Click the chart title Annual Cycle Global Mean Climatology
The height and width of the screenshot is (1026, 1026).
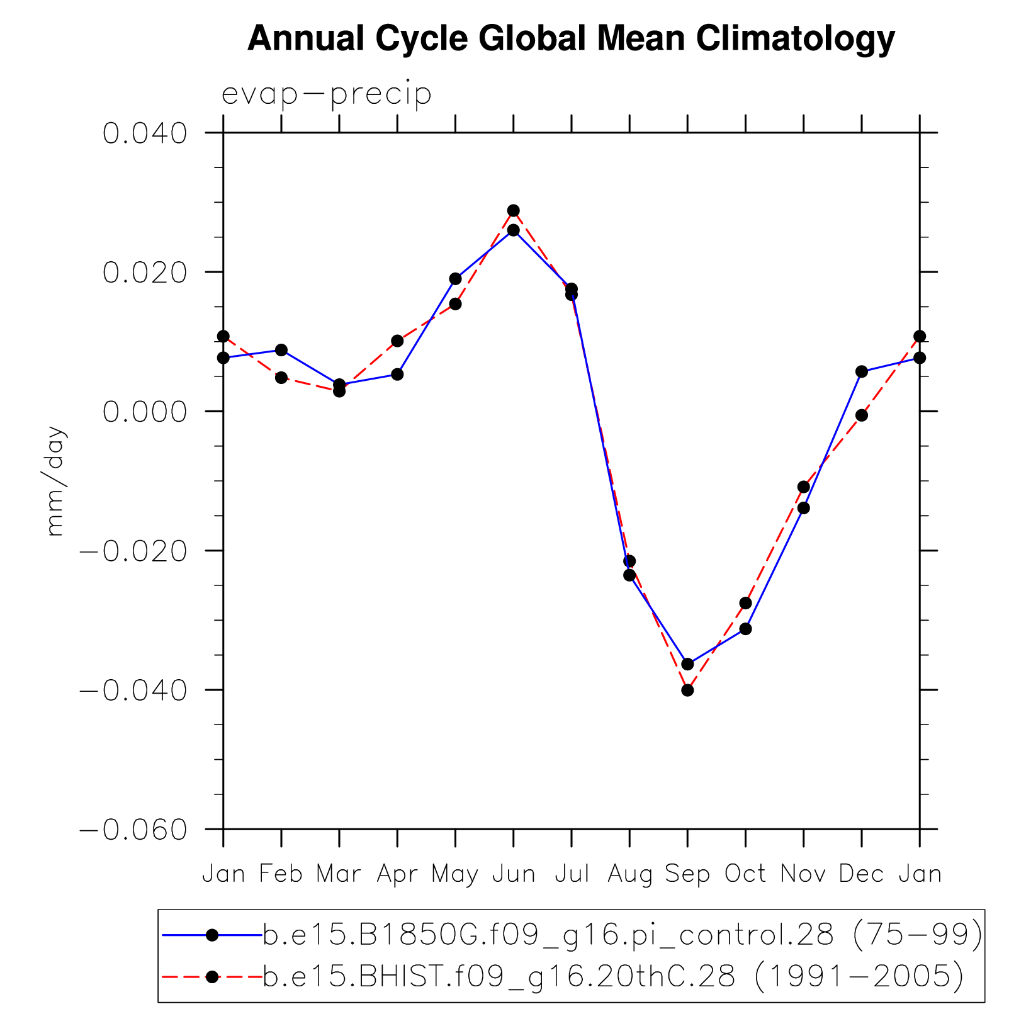pyautogui.click(x=571, y=39)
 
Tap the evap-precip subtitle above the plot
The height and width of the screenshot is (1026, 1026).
pyautogui.click(x=326, y=94)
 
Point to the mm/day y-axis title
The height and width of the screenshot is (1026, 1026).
pyautogui.click(x=56, y=482)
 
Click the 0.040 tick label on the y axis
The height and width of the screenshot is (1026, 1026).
pyautogui.click(x=145, y=133)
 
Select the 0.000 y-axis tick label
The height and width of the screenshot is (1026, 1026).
pyautogui.click(x=145, y=412)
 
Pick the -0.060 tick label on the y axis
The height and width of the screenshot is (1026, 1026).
pyautogui.click(x=134, y=830)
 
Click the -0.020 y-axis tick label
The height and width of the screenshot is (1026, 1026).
pyautogui.click(x=134, y=551)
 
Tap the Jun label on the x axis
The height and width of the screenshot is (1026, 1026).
pyautogui.click(x=514, y=874)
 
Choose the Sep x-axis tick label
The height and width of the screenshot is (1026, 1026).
pyautogui.click(x=687, y=874)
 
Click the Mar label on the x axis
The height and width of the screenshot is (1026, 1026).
pyautogui.click(x=339, y=874)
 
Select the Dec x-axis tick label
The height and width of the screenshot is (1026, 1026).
pyautogui.click(x=861, y=874)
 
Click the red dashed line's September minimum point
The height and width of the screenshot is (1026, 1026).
pyautogui.click(x=687, y=690)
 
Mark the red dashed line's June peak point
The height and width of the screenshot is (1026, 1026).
pyautogui.click(x=514, y=210)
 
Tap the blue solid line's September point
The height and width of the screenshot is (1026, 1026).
pyautogui.click(x=687, y=664)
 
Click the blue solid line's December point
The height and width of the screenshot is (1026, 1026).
pyautogui.click(x=862, y=371)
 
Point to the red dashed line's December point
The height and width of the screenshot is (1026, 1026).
pyautogui.click(x=862, y=415)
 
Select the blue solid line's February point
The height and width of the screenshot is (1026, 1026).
pyautogui.click(x=281, y=350)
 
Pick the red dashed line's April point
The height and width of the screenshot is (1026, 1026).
pyautogui.click(x=397, y=341)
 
